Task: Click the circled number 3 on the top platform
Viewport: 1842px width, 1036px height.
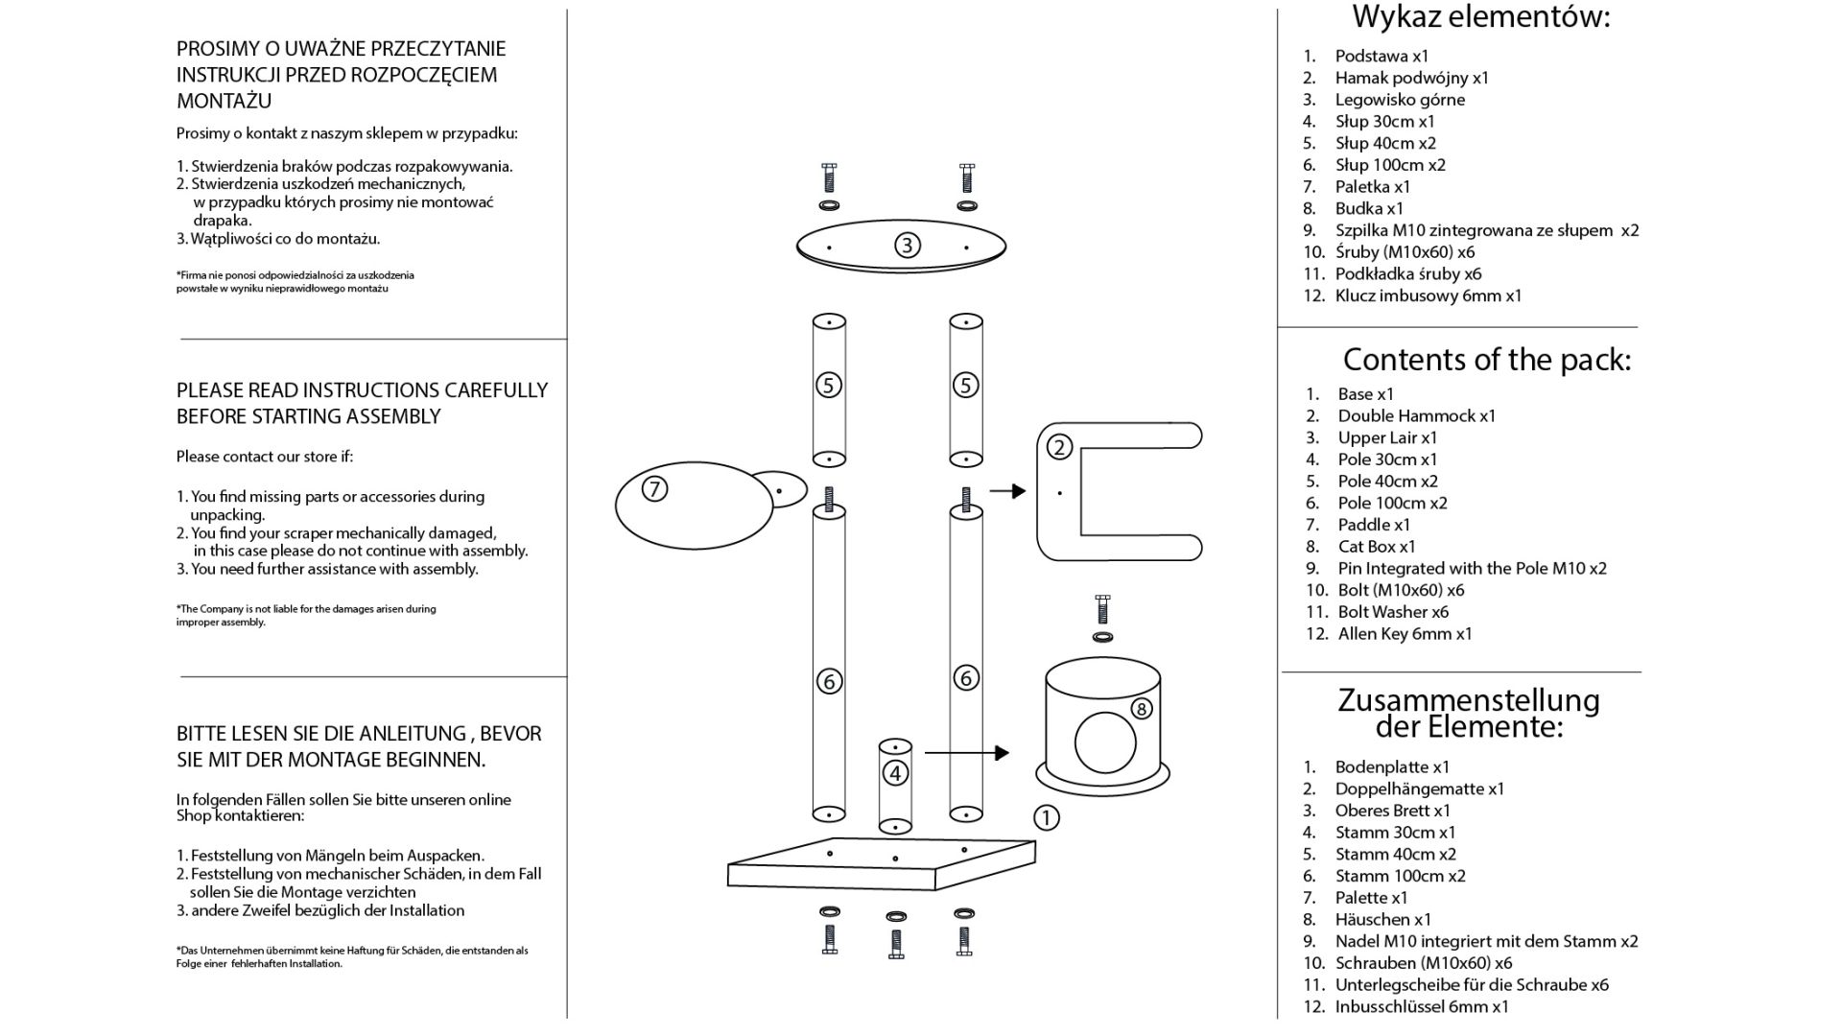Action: (x=907, y=246)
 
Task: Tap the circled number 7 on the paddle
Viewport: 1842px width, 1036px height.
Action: (x=654, y=489)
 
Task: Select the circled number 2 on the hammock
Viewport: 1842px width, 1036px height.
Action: (x=1059, y=447)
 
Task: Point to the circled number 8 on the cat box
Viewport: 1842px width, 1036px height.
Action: (x=1141, y=709)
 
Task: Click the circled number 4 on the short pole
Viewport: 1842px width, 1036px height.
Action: (x=895, y=773)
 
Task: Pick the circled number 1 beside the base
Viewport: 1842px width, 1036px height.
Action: (x=1046, y=818)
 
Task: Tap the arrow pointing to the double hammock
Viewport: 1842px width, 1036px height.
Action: (x=1007, y=491)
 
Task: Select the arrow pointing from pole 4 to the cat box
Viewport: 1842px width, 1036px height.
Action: (x=967, y=753)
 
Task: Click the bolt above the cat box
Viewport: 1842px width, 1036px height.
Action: (x=1102, y=609)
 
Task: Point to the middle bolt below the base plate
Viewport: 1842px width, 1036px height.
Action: (x=896, y=944)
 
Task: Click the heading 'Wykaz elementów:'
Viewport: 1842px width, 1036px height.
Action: (x=1480, y=17)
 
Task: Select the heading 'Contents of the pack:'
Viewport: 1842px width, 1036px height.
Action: (x=1486, y=360)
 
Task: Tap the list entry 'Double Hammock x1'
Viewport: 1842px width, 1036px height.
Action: (x=1416, y=416)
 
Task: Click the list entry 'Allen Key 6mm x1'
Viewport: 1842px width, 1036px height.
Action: (x=1405, y=634)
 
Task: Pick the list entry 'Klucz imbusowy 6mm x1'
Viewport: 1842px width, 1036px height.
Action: (x=1428, y=296)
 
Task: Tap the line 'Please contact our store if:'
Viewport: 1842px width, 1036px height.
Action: (x=264, y=457)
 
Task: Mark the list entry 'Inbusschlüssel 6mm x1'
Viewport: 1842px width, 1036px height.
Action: (x=1422, y=1007)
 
